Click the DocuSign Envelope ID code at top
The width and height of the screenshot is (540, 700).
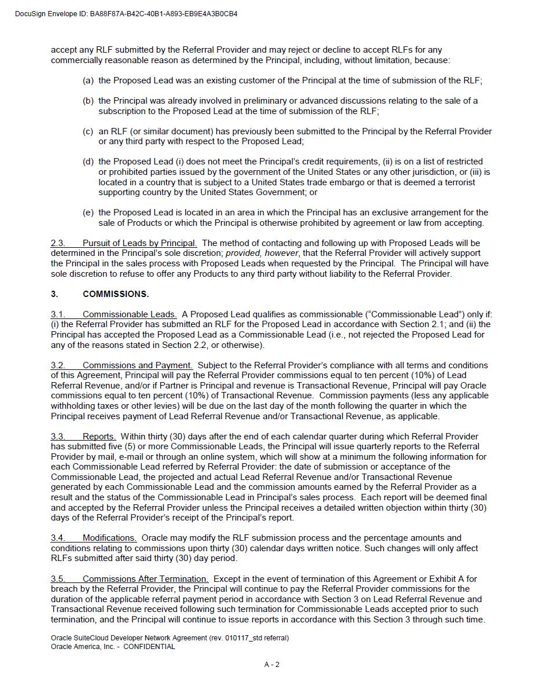tap(163, 14)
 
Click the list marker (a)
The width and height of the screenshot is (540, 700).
tap(88, 80)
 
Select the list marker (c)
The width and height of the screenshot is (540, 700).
tap(88, 131)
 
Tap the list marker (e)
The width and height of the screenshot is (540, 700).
tap(88, 212)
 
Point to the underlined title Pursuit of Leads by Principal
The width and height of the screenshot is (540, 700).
tap(139, 243)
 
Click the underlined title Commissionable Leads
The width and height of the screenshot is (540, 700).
tap(130, 314)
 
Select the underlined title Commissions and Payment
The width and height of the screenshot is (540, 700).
tap(138, 365)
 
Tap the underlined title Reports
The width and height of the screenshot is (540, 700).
tap(99, 437)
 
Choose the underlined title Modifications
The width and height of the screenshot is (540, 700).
tap(109, 538)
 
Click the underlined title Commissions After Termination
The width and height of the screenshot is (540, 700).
tap(145, 579)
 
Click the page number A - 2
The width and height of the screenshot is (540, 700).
tap(271, 665)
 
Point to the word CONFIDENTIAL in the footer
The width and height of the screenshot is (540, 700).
tap(149, 647)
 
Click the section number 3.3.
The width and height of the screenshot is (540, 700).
tap(57, 437)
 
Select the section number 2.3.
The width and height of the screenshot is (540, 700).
tap(57, 243)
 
